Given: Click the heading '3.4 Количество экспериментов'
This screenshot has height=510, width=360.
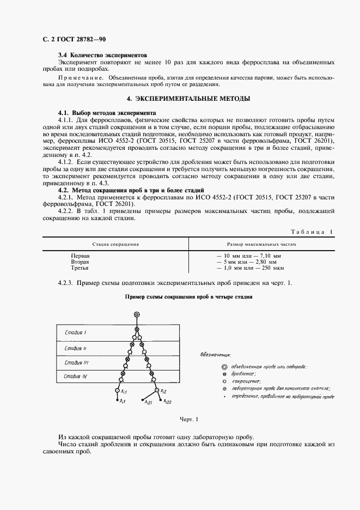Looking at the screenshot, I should coord(103,56).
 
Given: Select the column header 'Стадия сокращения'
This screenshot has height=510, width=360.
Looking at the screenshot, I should coord(115,245).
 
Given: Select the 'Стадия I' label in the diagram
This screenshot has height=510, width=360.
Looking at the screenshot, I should coord(76,332).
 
